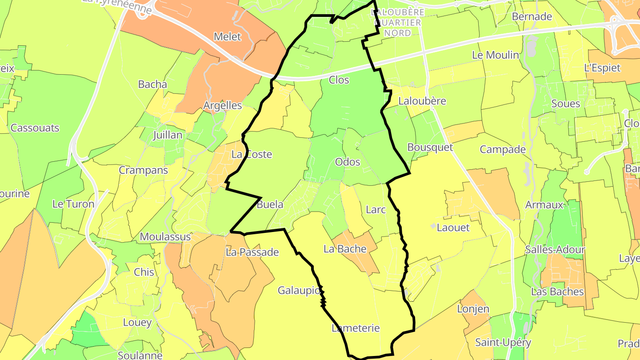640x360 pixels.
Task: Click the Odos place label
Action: coord(348,162)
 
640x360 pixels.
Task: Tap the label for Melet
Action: coord(227,37)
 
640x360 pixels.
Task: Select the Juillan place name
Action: coord(167,135)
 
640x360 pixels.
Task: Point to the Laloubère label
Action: coord(422,101)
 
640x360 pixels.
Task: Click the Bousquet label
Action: coord(430,148)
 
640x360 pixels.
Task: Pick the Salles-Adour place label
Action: coord(555,250)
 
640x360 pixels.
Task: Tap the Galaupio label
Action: coord(299,291)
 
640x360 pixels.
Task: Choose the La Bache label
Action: coord(345,249)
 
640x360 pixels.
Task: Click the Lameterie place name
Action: coord(356,328)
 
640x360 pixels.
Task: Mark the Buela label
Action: coord(270,205)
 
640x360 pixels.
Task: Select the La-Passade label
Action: coord(252,252)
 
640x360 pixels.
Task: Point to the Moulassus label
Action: coord(165,237)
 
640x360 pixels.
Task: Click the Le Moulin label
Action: coord(495,55)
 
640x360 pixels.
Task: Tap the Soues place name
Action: coord(565,104)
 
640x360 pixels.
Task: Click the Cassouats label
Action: coord(35,128)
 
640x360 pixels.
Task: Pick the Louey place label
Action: coord(137,323)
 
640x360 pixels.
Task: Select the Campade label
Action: coord(503,149)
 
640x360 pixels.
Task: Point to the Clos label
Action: coord(339,80)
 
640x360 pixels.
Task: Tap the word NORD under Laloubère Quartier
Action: coord(397,33)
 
